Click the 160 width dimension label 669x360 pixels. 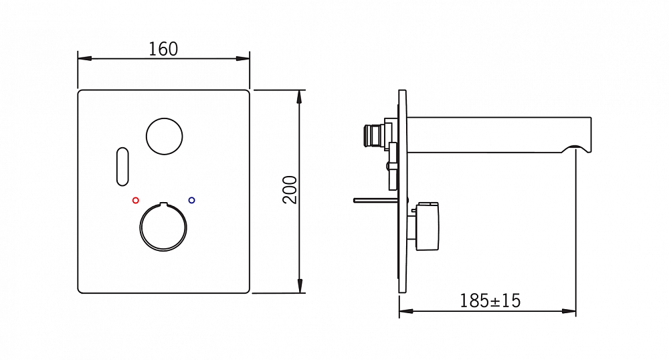[x=163, y=49]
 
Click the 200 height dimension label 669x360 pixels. [x=290, y=190]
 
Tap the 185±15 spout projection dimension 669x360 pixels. [x=490, y=301]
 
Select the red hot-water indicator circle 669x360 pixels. [x=136, y=200]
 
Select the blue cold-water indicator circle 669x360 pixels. [x=191, y=200]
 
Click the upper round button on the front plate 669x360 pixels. [x=165, y=136]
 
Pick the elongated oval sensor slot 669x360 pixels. [x=122, y=167]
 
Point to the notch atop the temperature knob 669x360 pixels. [x=163, y=204]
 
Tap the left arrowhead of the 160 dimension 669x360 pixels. [x=84, y=58]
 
